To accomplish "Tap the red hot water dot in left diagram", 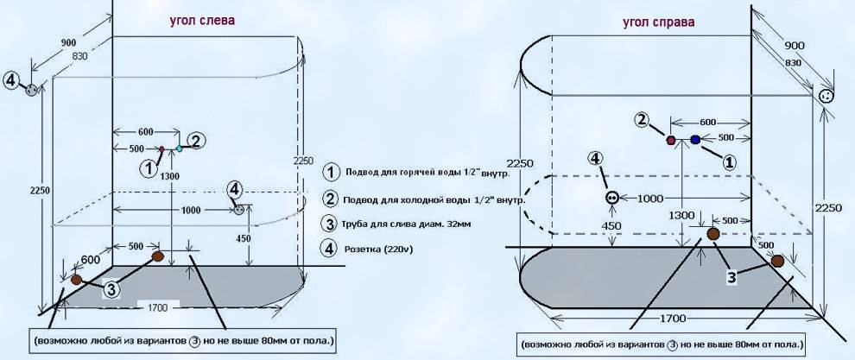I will coord(161,149).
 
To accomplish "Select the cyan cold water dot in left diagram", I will coord(180,148).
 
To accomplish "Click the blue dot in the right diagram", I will coord(695,139).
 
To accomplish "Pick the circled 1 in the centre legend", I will coord(331,171).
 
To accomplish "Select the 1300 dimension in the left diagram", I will coord(170,175).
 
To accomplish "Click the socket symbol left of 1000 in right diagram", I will coord(611,198).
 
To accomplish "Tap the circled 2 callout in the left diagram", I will coord(196,141).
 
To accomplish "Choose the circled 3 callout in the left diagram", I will coord(111,290).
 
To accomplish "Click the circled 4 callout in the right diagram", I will coord(595,158).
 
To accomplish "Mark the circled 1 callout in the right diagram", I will coord(728,161).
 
